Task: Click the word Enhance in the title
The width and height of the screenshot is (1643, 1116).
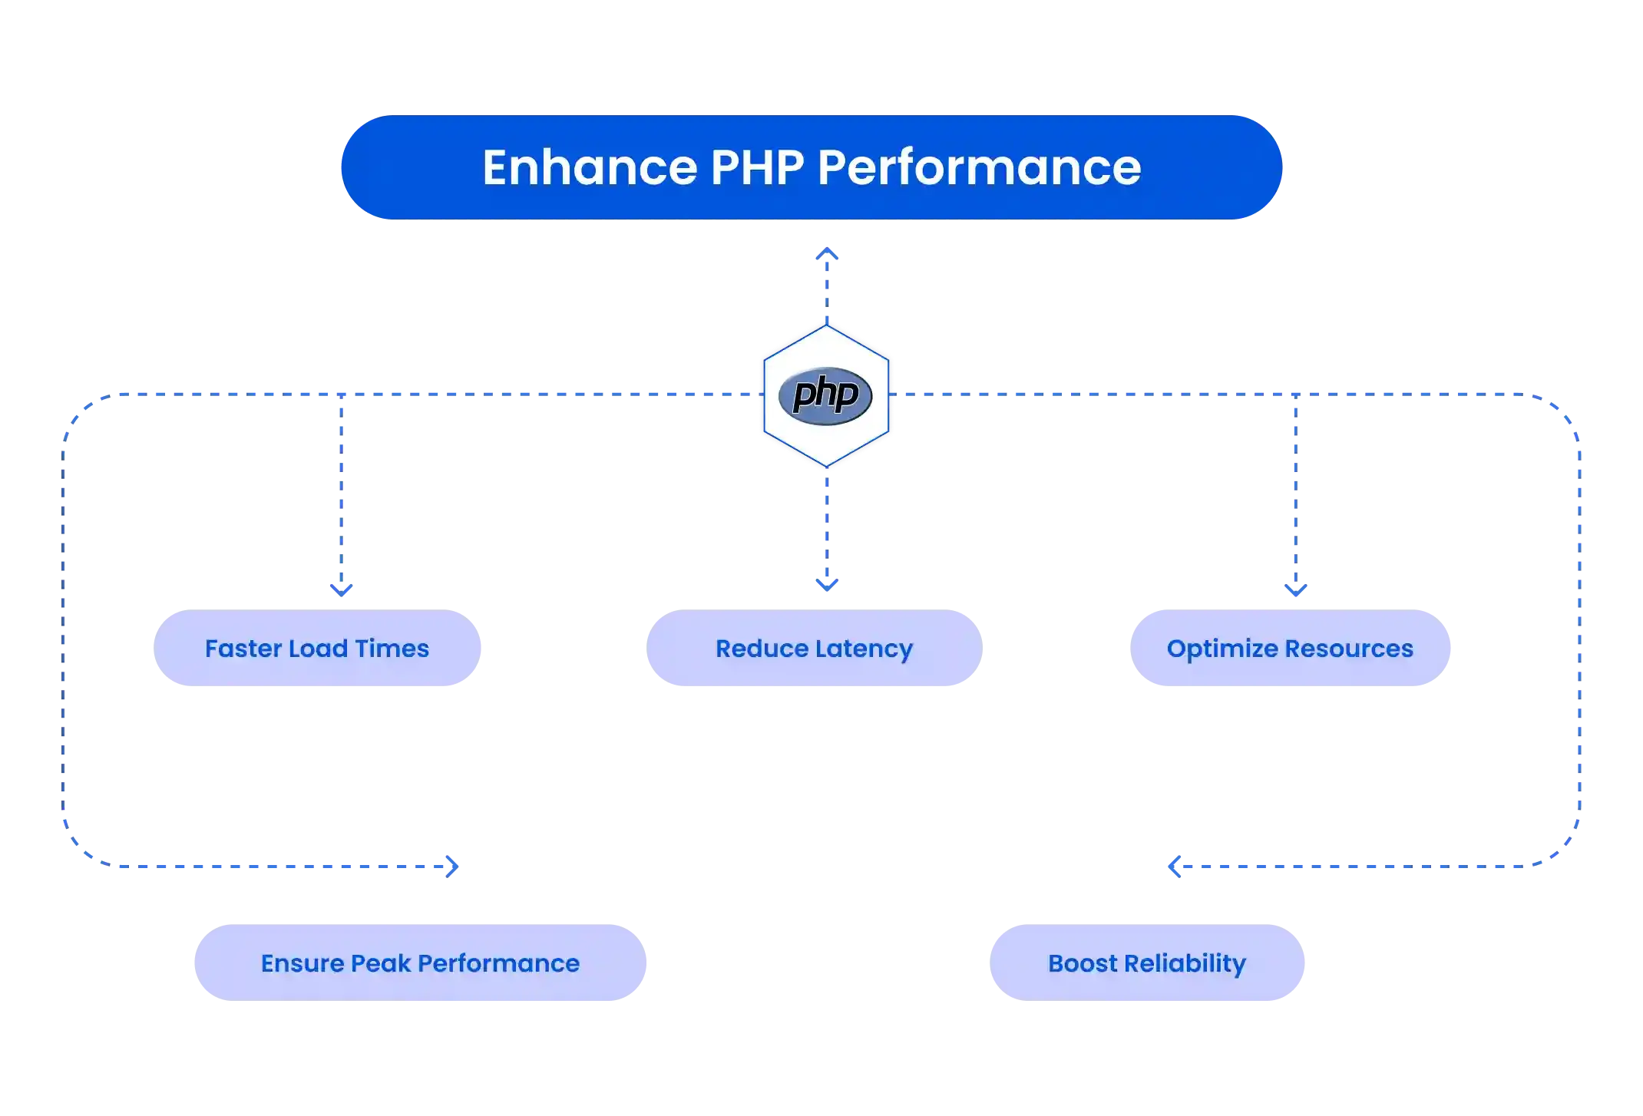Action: pos(589,167)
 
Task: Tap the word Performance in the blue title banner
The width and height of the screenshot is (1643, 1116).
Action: pos(979,167)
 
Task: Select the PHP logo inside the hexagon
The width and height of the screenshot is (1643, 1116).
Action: pos(825,395)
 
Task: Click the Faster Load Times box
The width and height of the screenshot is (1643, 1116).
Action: pos(318,649)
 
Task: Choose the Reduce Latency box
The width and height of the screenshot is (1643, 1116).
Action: pos(814,649)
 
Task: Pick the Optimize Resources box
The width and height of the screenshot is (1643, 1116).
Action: pos(1290,649)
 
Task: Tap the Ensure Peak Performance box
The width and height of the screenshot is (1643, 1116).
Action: pos(420,962)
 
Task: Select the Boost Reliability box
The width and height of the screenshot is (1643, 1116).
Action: pos(1147,962)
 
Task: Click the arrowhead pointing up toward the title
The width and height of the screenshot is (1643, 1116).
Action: pos(826,254)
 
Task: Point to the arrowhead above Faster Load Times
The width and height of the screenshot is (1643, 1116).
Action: pos(341,589)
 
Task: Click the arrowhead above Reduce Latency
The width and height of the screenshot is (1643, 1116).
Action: pos(826,586)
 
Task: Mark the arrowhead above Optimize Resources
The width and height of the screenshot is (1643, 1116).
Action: pos(1296,589)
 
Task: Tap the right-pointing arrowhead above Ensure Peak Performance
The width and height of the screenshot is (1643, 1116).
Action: pos(453,867)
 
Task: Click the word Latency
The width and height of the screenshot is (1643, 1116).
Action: pos(864,649)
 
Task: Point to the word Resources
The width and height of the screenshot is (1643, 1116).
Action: pos(1349,649)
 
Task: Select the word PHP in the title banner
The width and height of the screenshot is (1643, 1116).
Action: pos(757,167)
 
